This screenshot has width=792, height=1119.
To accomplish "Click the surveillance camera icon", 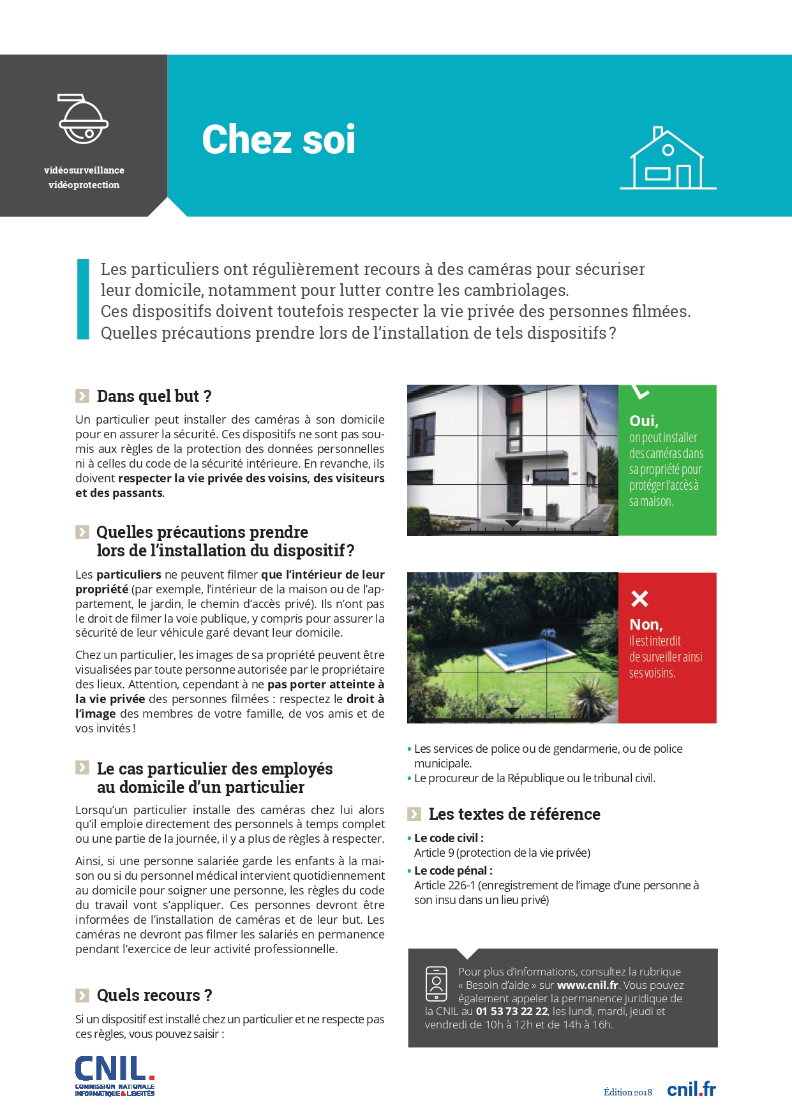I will click(83, 119).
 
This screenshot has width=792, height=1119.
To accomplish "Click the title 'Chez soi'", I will click(278, 140).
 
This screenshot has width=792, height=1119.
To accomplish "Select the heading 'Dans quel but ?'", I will click(154, 396).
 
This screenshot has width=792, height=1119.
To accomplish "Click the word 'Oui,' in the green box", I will click(643, 421).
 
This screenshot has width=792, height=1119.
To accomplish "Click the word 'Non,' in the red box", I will click(646, 625).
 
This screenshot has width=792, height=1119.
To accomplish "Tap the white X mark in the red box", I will click(639, 598).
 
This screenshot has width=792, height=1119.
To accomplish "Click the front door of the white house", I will click(510, 491).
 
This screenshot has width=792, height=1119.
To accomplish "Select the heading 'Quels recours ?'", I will click(154, 995).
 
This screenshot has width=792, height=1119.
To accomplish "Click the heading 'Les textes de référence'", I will click(514, 814).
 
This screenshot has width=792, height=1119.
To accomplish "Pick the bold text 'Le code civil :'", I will click(449, 838).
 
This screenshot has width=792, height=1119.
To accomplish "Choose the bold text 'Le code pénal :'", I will click(453, 871).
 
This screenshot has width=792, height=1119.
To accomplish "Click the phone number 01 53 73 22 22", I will click(512, 1011).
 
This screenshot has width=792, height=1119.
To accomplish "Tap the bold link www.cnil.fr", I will click(587, 985).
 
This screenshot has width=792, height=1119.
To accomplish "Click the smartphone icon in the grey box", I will click(437, 984).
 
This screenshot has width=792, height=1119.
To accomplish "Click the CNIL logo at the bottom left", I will click(115, 1076).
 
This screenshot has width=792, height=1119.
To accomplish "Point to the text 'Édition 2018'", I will click(628, 1092).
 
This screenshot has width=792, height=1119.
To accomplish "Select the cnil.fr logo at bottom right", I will click(691, 1090).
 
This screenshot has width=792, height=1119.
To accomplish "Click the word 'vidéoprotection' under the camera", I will click(84, 185).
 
